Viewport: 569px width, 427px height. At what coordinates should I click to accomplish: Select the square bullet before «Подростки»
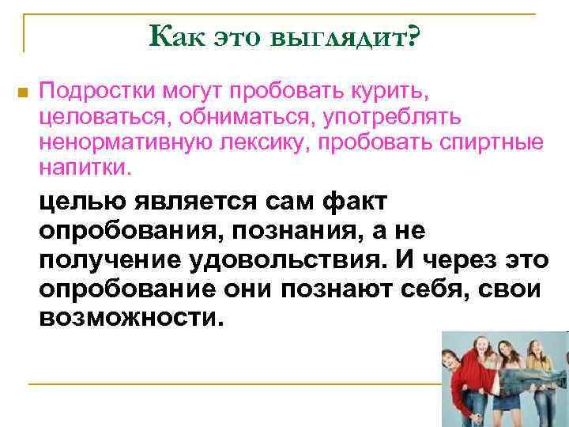point(22,93)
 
